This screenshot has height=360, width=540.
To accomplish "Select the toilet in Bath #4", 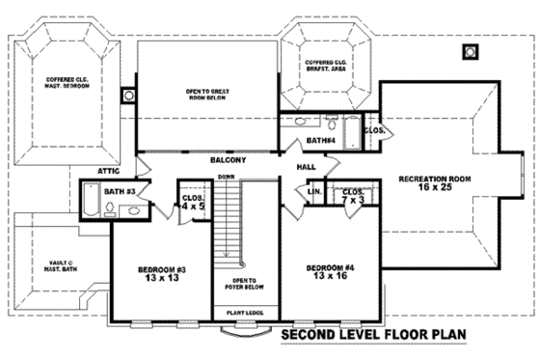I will tap(331, 123).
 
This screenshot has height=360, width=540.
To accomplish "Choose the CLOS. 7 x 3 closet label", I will tap(352, 197).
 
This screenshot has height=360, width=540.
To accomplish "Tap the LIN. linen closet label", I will tap(313, 191).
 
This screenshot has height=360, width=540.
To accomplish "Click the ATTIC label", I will tap(107, 171).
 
